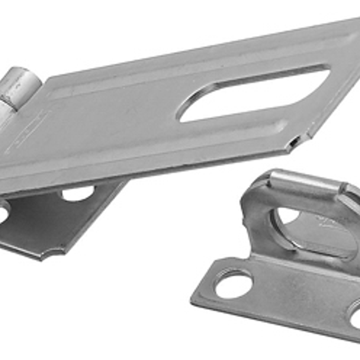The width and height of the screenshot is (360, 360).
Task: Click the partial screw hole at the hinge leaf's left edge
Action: [3, 212]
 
